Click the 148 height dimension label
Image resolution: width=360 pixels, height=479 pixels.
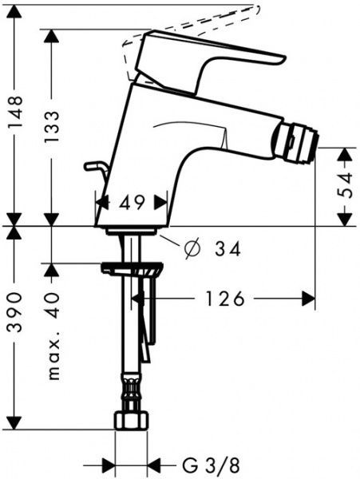15,109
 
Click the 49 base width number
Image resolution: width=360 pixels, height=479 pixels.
131,203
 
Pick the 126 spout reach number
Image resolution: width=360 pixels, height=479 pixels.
225,299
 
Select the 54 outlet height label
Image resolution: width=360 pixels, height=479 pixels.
346,185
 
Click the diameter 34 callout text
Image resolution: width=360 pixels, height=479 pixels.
212,248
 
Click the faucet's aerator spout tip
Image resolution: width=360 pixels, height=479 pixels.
296,143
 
